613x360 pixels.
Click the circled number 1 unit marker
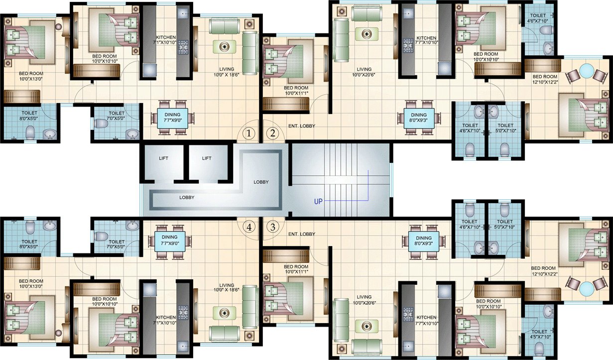[249, 133]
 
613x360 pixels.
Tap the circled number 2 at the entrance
[272, 133]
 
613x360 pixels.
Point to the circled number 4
[249, 227]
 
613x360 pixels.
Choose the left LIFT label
[163, 158]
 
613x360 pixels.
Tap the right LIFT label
[207, 158]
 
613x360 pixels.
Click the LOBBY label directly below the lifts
[187, 197]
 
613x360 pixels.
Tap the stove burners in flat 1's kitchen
[183, 47]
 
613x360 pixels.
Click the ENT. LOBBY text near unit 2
[302, 126]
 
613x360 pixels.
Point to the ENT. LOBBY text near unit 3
[302, 234]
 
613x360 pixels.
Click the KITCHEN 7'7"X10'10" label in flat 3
[426, 320]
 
